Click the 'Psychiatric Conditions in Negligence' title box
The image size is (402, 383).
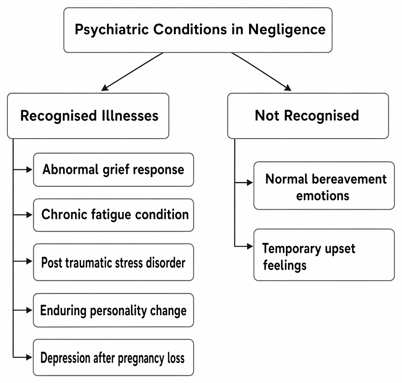pyautogui.click(x=198, y=30)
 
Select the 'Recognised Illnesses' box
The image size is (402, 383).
pyautogui.click(x=88, y=116)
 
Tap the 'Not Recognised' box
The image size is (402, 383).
pyautogui.click(x=308, y=116)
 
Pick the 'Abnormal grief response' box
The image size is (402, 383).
pyautogui.click(x=114, y=170)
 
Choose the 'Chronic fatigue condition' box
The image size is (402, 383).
pyautogui.click(x=114, y=215)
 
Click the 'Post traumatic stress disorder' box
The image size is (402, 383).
pyautogui.click(x=114, y=262)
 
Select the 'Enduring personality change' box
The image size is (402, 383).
pyautogui.click(x=114, y=310)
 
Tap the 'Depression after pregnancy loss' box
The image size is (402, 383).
pyautogui.click(x=114, y=358)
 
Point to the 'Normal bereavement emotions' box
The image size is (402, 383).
pyautogui.click(x=324, y=186)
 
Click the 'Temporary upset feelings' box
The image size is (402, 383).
pyautogui.click(x=324, y=255)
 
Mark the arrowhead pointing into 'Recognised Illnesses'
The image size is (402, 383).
pyautogui.click(x=105, y=88)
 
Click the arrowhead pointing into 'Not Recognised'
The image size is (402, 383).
pyautogui.click(x=288, y=88)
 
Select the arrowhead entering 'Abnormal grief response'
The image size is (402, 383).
pyautogui.click(x=29, y=170)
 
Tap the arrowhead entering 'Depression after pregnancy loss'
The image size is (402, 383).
pyautogui.click(x=29, y=357)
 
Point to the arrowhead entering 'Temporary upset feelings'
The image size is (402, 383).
pyautogui.click(x=250, y=246)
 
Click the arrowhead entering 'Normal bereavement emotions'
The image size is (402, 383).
pyautogui.click(x=250, y=183)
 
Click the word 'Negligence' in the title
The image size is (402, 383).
pyautogui.click(x=287, y=30)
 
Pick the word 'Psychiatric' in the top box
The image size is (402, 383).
pyautogui.click(x=112, y=29)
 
